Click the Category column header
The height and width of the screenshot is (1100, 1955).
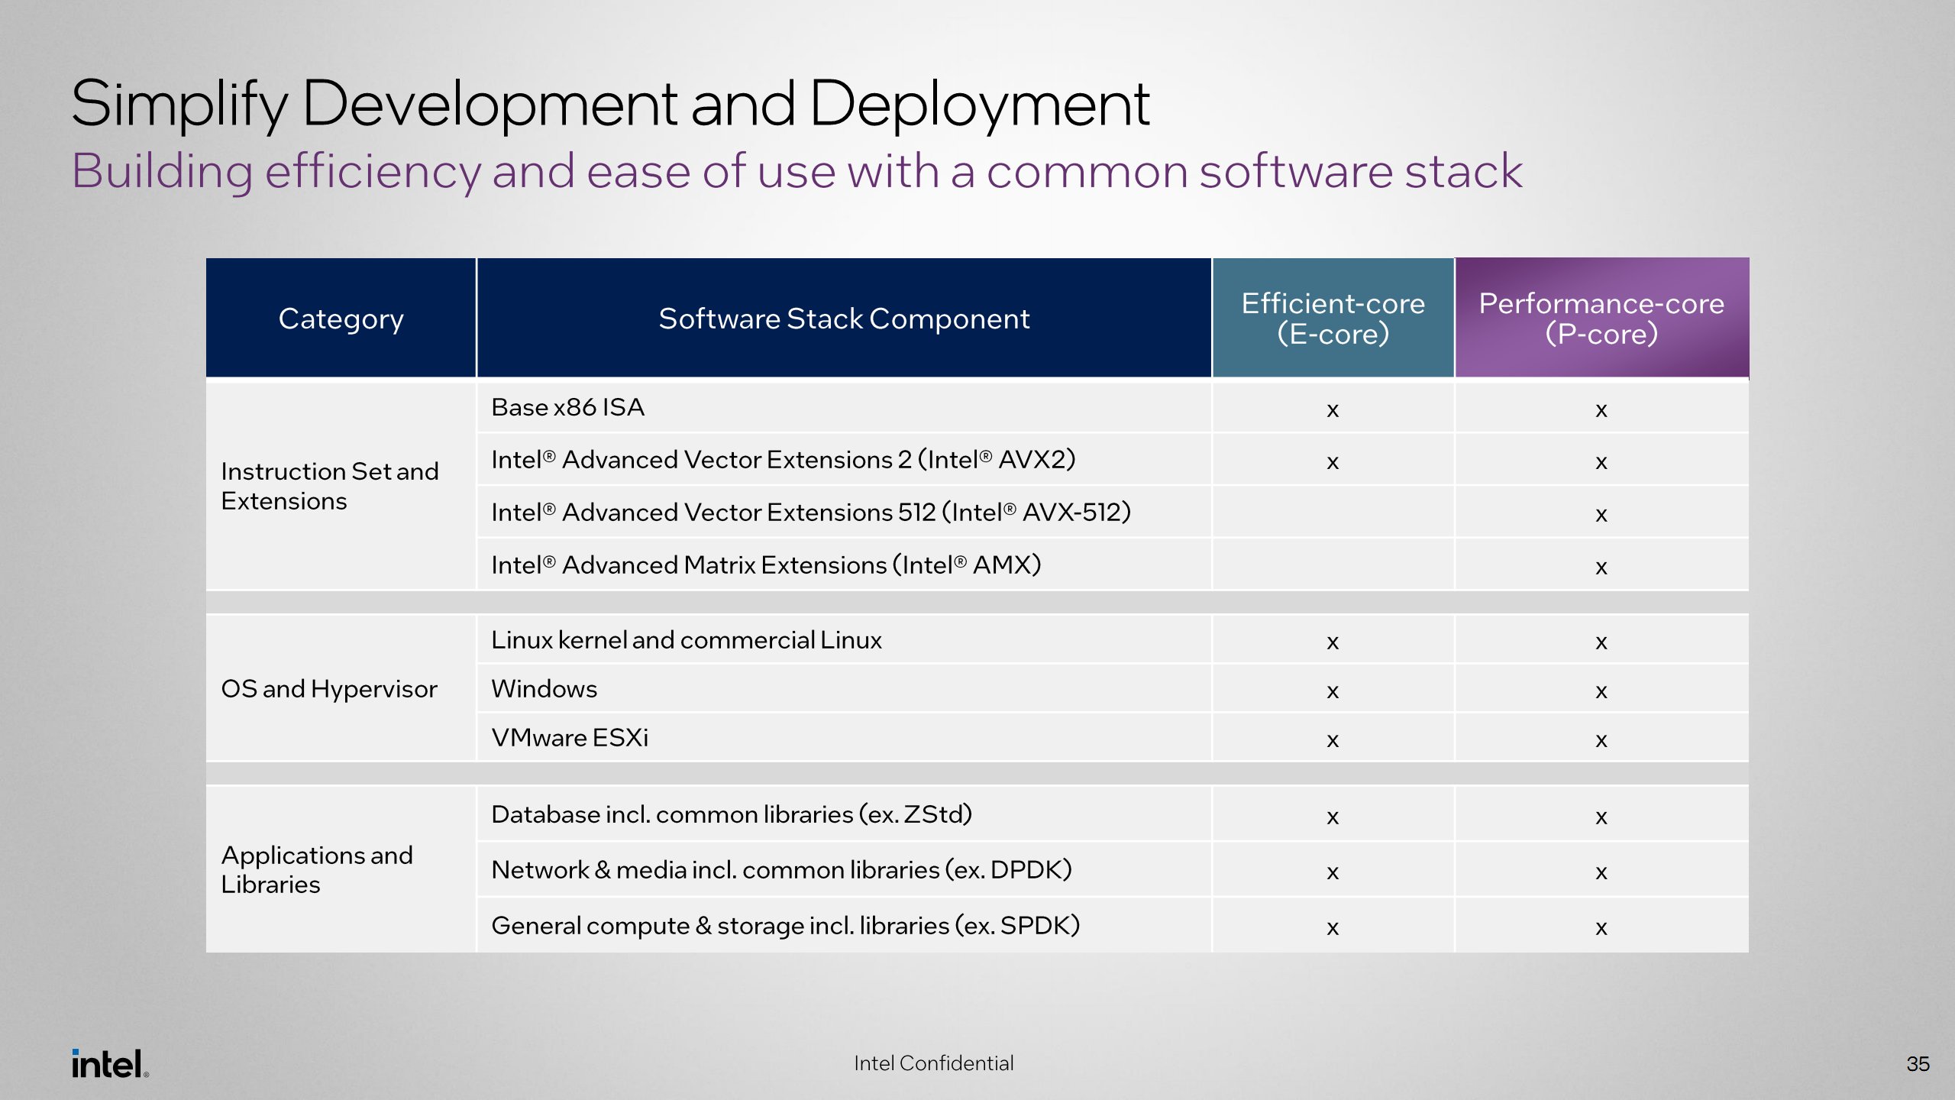(341, 319)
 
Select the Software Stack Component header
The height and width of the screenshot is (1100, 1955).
(844, 319)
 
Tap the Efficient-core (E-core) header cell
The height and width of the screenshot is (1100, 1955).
(1333, 319)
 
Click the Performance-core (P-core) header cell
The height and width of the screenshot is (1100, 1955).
(1601, 319)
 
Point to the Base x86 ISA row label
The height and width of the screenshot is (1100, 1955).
(567, 407)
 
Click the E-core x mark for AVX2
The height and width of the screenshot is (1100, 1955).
(1333, 462)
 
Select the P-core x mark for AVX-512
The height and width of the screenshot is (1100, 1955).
(1601, 515)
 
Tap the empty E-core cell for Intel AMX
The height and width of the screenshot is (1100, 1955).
(1333, 565)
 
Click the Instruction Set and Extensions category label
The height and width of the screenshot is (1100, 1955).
(329, 486)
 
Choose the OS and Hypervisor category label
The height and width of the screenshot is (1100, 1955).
(329, 689)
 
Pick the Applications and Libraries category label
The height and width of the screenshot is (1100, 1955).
(316, 869)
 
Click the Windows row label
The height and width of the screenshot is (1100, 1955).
(544, 689)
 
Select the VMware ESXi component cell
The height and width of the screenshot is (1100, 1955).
(570, 738)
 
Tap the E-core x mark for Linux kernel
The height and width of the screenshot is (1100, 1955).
(1333, 642)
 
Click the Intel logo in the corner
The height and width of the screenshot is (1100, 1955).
(109, 1063)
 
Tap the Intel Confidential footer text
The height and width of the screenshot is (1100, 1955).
(933, 1063)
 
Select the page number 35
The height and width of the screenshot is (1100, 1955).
(1918, 1064)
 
